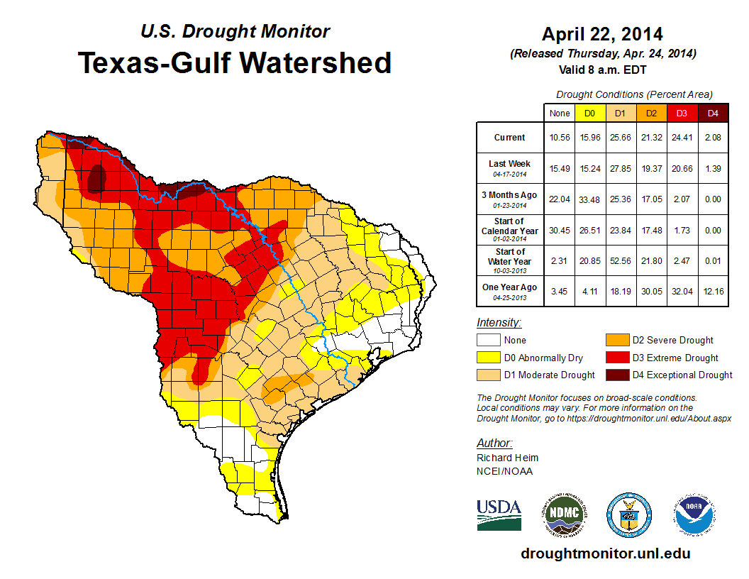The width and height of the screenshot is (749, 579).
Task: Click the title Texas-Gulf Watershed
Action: [x=234, y=63]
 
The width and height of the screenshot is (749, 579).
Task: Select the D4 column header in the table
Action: [x=713, y=113]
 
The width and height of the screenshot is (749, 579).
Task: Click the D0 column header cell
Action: [x=589, y=113]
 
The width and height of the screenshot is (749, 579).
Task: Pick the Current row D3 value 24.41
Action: [x=682, y=138]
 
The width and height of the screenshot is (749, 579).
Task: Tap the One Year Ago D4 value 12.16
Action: [x=713, y=290]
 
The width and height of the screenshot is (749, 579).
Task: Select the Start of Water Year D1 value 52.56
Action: [x=620, y=261]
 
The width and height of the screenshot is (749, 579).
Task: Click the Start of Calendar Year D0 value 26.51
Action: [x=589, y=230]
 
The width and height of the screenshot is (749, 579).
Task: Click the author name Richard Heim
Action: [x=507, y=458]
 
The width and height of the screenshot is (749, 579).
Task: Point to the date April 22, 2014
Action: [x=602, y=34]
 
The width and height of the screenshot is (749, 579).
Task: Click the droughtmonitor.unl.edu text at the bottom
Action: [x=605, y=553]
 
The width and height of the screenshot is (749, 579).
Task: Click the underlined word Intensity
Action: [x=499, y=323]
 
